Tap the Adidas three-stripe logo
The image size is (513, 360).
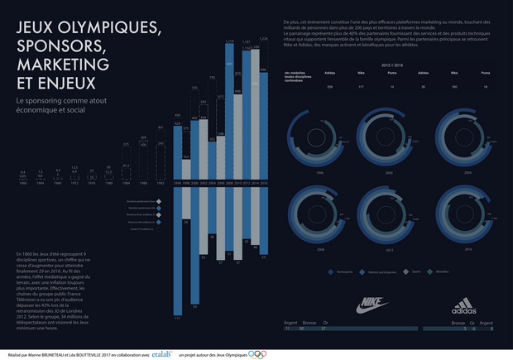pos(464,305)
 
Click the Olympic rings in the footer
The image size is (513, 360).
pos(257,354)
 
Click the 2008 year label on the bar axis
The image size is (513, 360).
pos(223,184)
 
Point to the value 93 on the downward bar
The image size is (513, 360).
pos(195,305)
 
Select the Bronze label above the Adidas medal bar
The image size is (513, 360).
pos(458,322)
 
